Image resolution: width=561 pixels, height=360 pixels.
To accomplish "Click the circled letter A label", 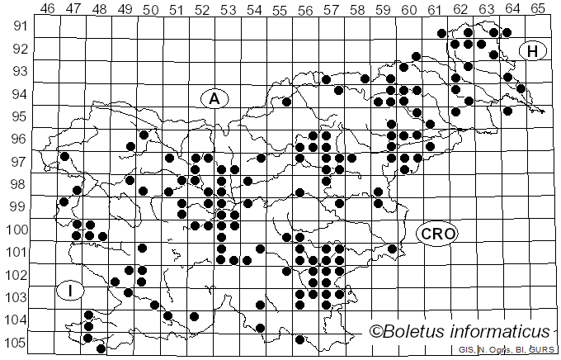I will (214, 98).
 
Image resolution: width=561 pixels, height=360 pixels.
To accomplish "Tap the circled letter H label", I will (533, 51).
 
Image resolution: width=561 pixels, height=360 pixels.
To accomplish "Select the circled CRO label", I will (436, 234).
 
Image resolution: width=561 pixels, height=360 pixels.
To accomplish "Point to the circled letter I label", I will (72, 290).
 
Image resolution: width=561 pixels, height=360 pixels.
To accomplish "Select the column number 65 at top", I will (538, 9).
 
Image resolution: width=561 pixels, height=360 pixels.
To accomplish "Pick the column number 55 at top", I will (280, 9).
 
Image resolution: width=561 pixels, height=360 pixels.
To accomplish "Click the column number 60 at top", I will (409, 9).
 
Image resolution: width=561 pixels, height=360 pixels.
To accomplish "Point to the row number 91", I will (18, 26).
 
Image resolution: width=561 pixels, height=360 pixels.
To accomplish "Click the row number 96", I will (18, 139).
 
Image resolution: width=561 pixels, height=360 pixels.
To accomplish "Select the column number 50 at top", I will (150, 9).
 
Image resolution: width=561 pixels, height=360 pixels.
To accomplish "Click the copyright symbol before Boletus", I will (377, 332).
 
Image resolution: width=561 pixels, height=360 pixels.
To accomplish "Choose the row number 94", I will (18, 93).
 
